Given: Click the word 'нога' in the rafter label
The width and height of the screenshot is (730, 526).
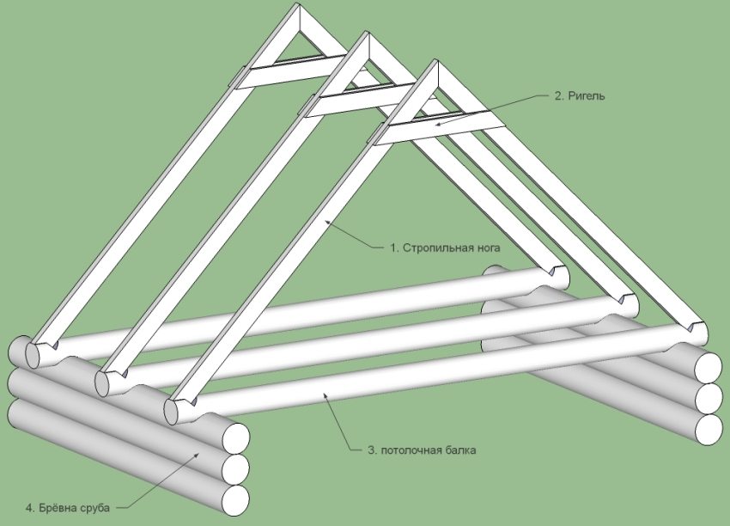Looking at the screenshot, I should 484,248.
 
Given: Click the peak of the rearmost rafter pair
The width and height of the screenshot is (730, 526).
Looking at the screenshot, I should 297,10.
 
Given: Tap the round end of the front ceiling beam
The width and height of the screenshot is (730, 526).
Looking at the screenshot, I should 175,409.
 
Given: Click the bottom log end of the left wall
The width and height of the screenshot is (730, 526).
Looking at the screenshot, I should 235,498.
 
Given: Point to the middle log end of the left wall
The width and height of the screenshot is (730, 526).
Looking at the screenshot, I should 235,468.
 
